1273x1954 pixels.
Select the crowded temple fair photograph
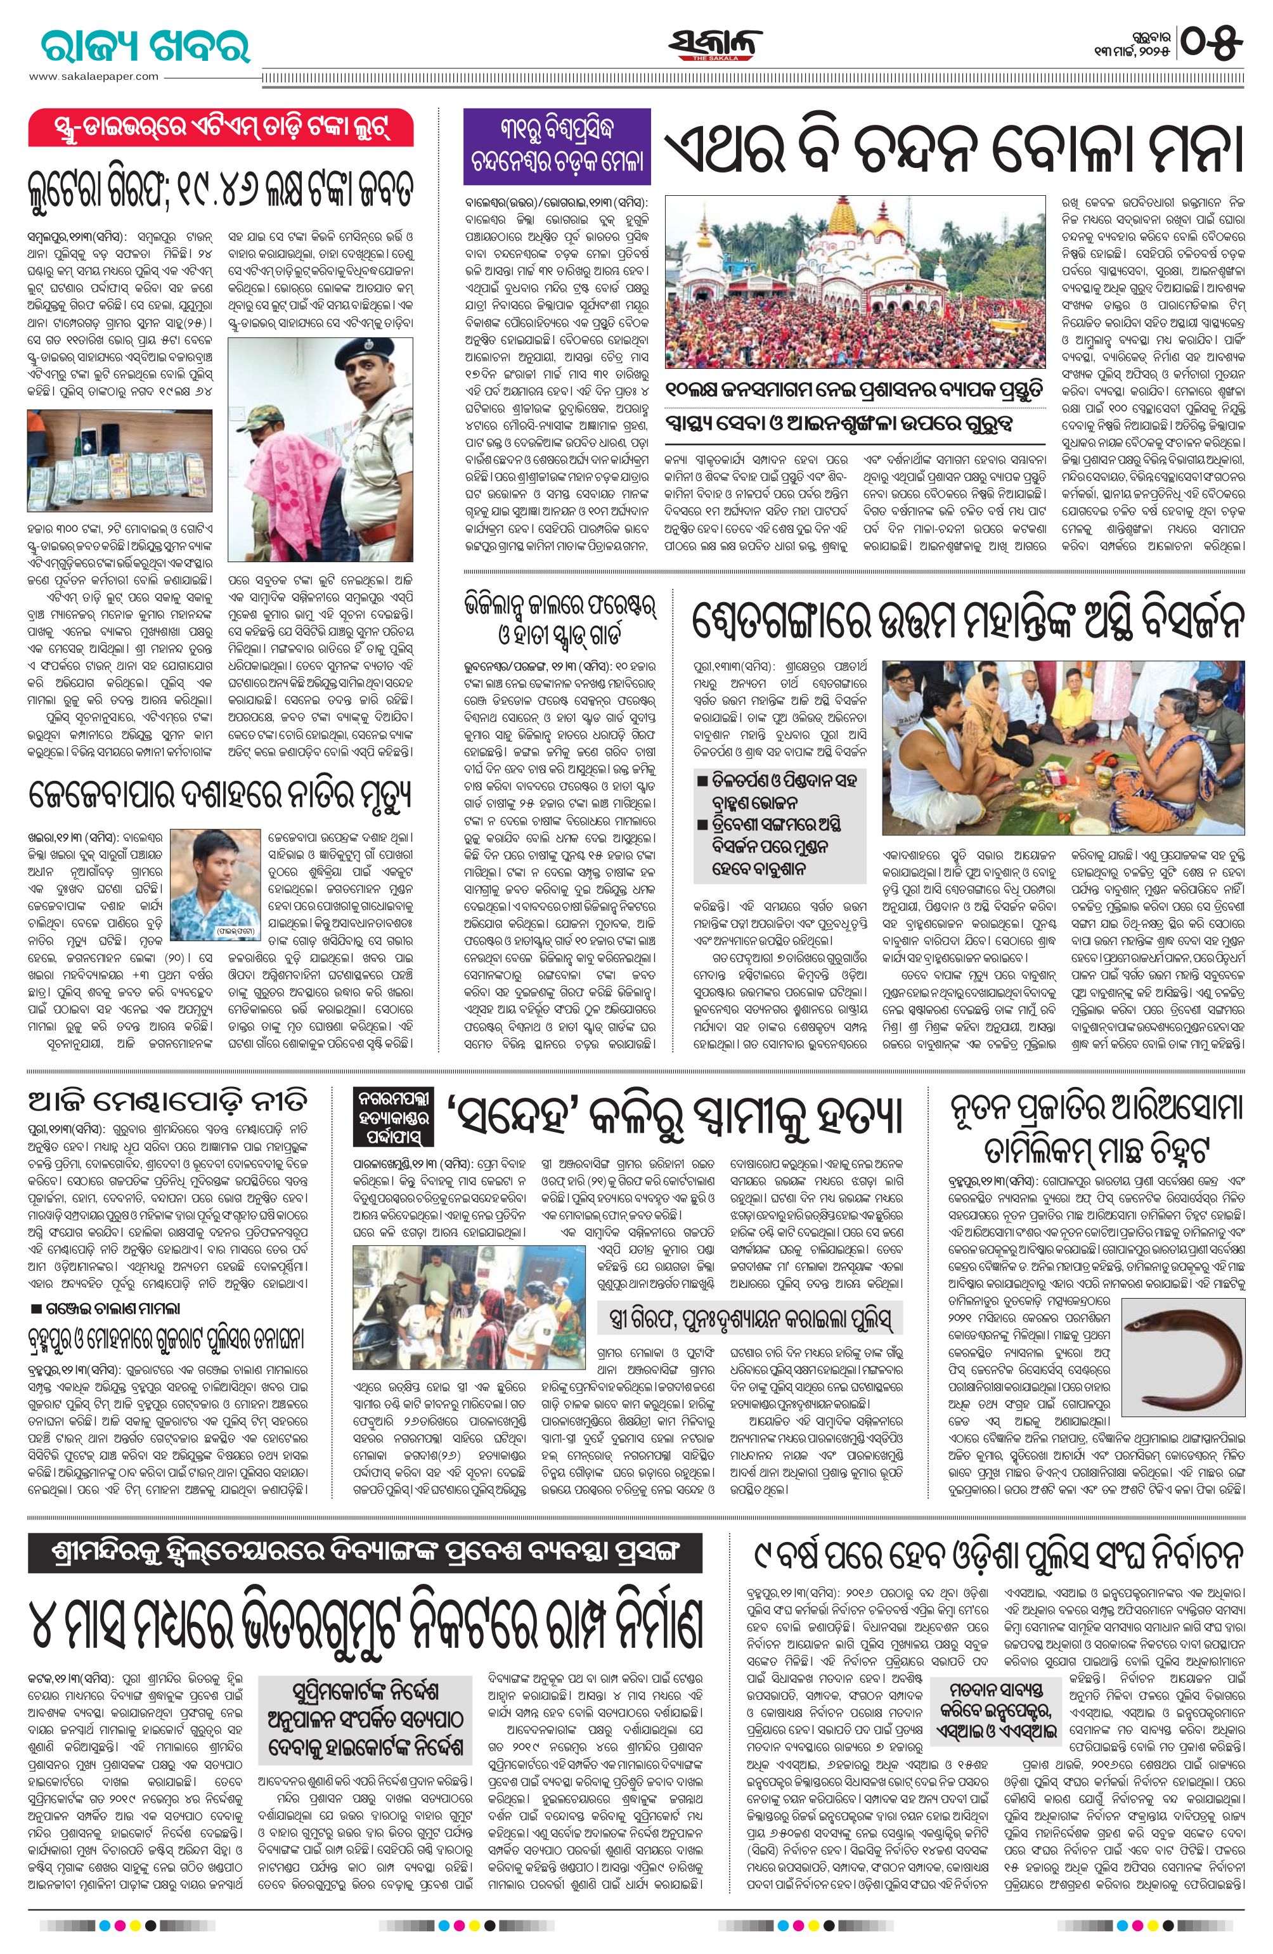click(854, 283)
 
